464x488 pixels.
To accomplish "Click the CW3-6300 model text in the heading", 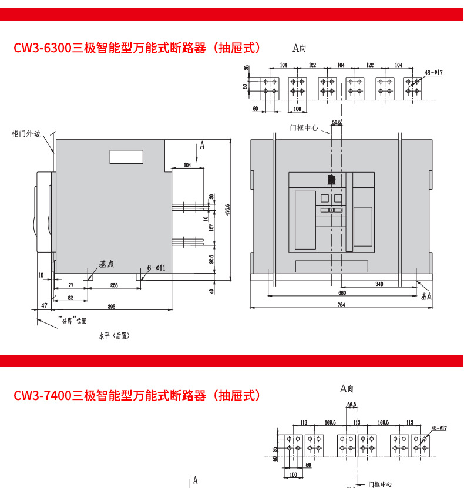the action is [x=42, y=48].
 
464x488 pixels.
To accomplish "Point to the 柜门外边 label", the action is [x=26, y=134].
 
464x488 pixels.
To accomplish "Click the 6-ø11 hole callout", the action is [x=156, y=268].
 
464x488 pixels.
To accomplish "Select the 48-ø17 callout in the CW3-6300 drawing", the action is [x=433, y=72].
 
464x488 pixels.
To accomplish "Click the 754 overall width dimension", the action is [x=341, y=304].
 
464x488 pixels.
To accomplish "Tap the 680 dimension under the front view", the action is [x=341, y=292].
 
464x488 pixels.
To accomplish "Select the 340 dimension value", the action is [x=379, y=284].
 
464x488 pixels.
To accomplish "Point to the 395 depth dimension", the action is [x=112, y=307].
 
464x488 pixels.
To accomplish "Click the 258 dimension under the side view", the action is [x=114, y=285].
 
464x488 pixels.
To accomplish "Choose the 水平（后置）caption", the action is [x=114, y=336].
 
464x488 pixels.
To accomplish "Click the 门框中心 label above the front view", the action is [x=304, y=127].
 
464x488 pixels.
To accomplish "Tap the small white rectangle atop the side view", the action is [x=126, y=157].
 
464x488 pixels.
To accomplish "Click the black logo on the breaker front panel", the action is [x=331, y=180].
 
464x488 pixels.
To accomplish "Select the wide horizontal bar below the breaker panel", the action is [x=331, y=265].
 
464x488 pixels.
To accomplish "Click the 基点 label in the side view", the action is [x=106, y=265].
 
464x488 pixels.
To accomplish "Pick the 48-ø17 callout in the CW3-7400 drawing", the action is [x=439, y=428].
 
